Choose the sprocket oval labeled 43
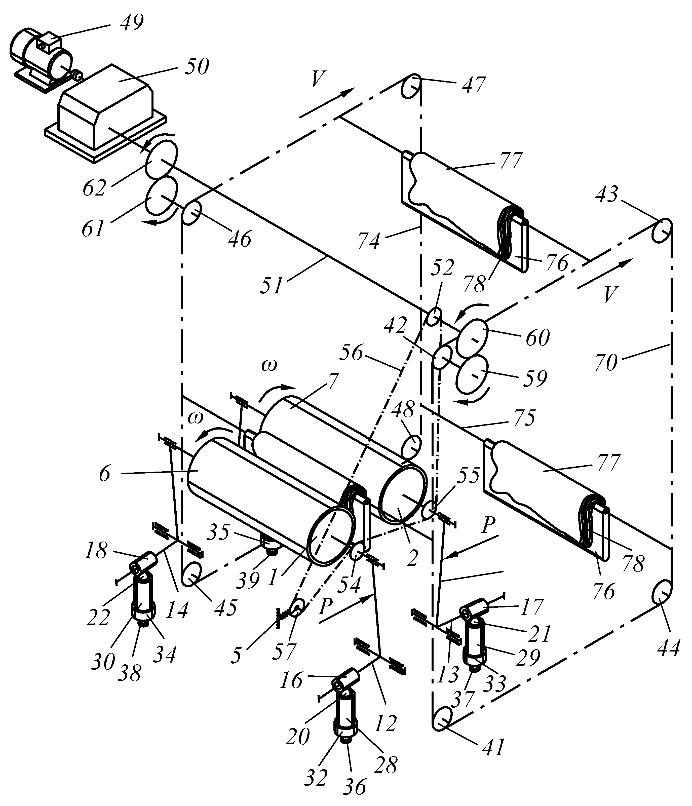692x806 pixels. pyautogui.click(x=662, y=231)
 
